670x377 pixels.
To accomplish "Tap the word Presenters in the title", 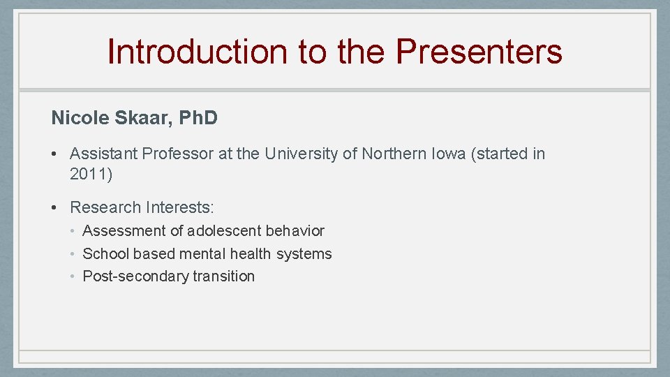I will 479,52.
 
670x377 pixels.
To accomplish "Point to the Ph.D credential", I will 198,118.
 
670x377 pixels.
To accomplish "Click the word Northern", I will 394,154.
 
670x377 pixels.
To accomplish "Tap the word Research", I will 105,207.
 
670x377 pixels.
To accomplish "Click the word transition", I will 223,276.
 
